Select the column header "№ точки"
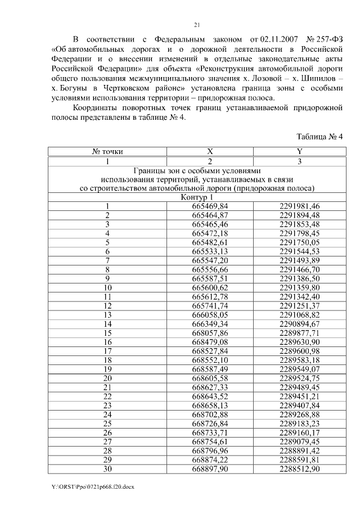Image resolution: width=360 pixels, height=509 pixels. (107, 151)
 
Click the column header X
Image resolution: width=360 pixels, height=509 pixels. (210, 151)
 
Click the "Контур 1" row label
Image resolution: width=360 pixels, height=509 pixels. (197, 197)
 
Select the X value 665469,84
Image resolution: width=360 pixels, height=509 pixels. (210, 206)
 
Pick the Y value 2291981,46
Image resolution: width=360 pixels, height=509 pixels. (299, 206)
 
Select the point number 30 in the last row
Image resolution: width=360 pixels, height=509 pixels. (107, 469)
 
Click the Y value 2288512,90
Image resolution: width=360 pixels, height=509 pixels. (299, 469)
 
